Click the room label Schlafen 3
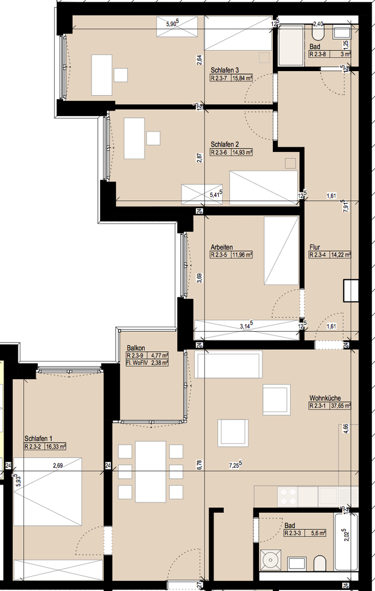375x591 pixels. tap(225, 70)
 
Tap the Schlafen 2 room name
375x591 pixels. tap(225, 144)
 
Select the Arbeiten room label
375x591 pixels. tap(222, 247)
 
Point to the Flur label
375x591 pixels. tap(315, 247)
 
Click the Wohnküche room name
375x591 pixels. tap(325, 398)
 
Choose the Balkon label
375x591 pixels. tap(136, 348)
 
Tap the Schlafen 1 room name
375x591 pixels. tap(38, 439)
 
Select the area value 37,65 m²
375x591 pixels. tap(341, 406)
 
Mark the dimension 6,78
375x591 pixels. tap(200, 465)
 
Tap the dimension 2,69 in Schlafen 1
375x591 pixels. tap(57, 466)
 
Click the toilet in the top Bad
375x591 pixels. tap(318, 33)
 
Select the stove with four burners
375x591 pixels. tap(288, 496)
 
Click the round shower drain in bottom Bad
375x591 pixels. tap(271, 560)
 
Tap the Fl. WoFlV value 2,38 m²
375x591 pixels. tap(160, 363)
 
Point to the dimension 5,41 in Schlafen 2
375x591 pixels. tap(216, 194)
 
